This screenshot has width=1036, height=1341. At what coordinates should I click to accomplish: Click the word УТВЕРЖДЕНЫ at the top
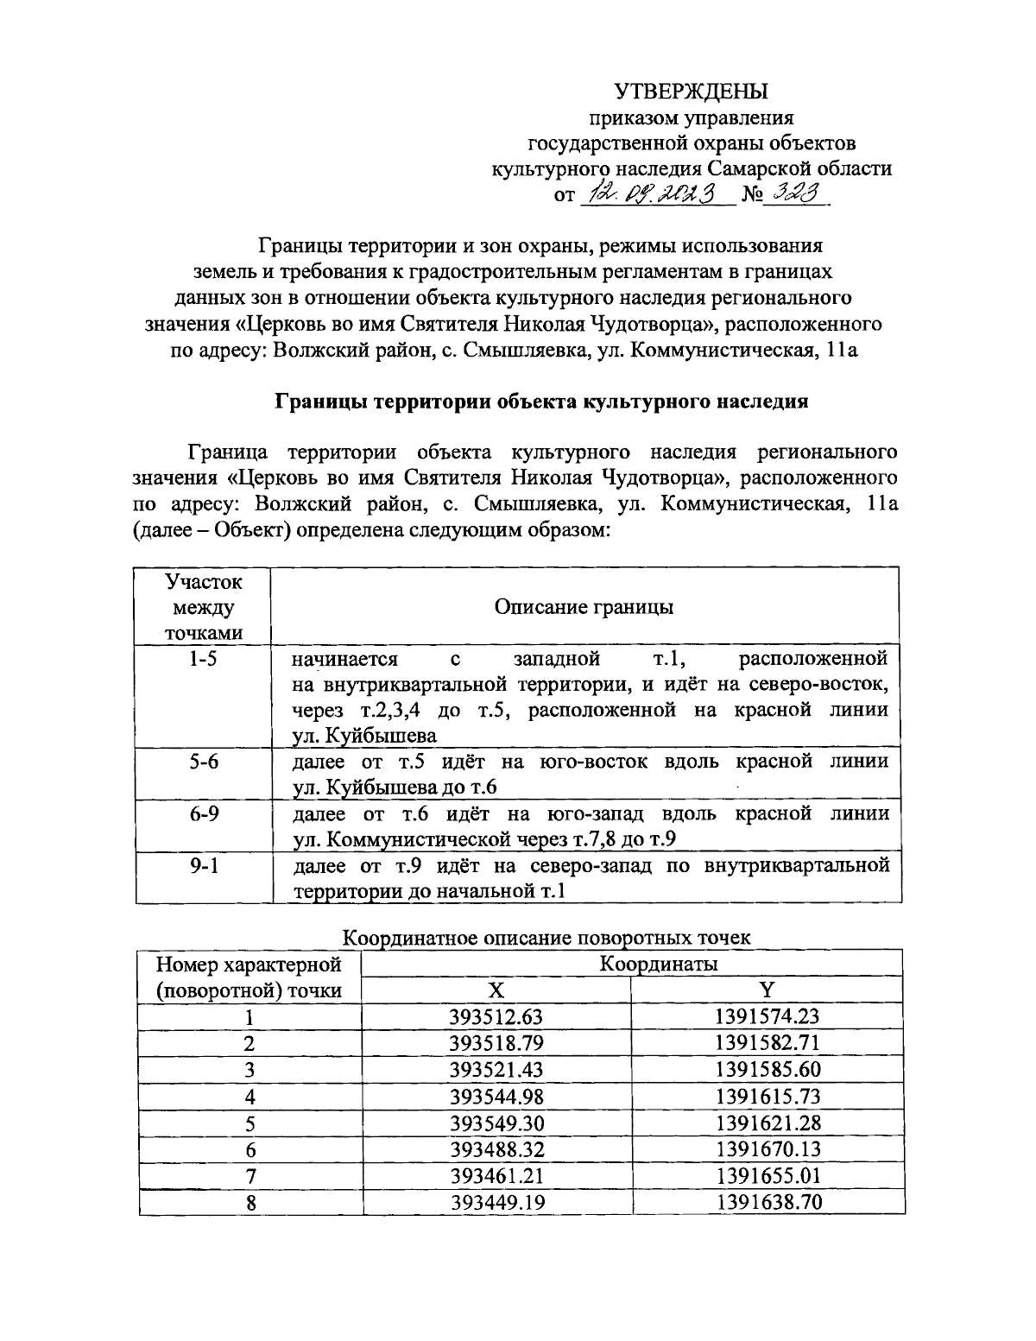point(691,91)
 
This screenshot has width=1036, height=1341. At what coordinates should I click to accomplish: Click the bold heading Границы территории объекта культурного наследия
point(541,402)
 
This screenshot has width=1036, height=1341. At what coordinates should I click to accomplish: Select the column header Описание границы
point(584,606)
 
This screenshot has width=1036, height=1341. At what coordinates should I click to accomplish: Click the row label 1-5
point(203,660)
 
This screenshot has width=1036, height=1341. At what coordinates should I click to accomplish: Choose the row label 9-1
point(203,865)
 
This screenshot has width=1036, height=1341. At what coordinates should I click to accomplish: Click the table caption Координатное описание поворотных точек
point(547,937)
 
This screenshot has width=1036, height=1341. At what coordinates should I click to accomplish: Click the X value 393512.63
point(496,1016)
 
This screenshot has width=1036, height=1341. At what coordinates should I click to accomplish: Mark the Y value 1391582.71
point(768,1042)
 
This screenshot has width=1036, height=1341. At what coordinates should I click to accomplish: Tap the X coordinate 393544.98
point(496,1097)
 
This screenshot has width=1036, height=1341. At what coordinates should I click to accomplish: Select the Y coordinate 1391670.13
point(768,1149)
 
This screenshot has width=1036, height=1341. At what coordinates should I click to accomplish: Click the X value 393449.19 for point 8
point(496,1202)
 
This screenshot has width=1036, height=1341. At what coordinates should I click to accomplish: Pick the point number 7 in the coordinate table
point(250,1176)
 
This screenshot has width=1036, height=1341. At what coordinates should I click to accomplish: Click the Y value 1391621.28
point(768,1123)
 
